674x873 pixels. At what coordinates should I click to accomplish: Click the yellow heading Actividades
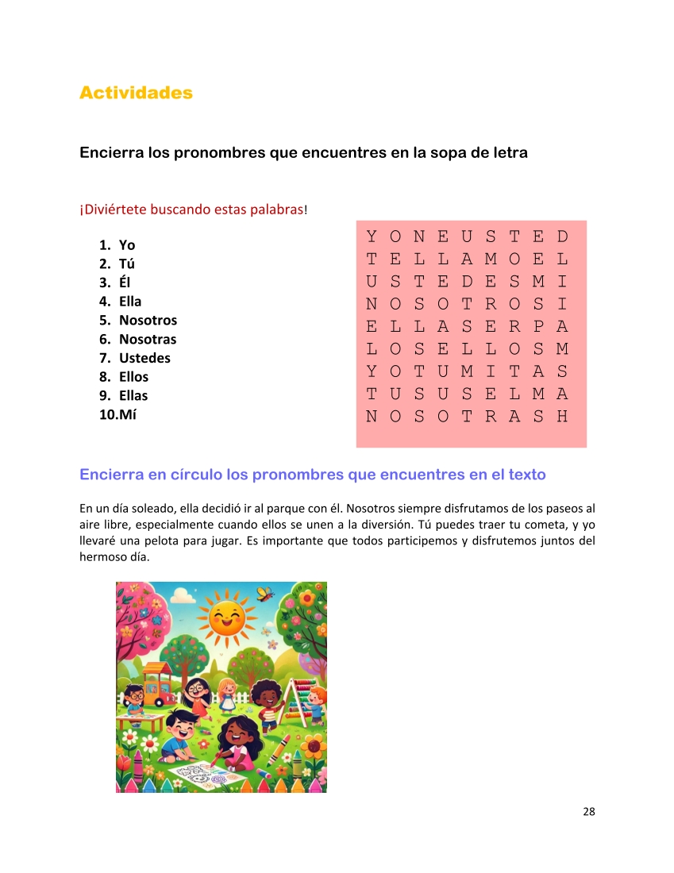point(136,93)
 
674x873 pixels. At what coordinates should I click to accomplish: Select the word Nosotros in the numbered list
point(148,320)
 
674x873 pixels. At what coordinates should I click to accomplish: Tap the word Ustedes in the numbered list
point(144,358)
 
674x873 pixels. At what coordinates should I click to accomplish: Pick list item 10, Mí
point(127,414)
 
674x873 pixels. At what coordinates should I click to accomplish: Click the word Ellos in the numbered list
point(133,377)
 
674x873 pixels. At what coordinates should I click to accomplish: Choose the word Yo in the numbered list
point(127,245)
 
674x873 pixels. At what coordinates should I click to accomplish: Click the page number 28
point(588,811)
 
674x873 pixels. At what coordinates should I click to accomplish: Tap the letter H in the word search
point(563,416)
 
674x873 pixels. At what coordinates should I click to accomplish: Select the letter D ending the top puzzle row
point(563,237)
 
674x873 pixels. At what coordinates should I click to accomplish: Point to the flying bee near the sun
point(265,592)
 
